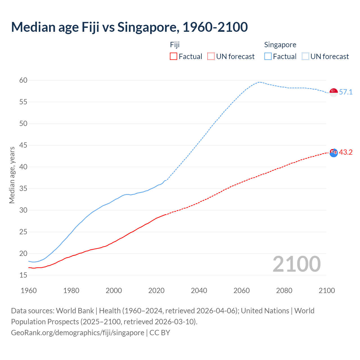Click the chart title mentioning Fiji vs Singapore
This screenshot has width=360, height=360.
(129, 27)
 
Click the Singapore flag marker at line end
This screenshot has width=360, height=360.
(334, 92)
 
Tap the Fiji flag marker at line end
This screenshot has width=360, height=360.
(334, 153)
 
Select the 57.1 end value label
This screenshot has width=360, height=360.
(346, 92)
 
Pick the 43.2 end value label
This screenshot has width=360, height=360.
(346, 152)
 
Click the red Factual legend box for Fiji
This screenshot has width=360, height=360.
(174, 57)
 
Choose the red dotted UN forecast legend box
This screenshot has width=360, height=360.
(211, 57)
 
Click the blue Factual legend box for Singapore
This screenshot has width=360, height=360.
(268, 57)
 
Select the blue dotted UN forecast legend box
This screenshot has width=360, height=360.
(305, 57)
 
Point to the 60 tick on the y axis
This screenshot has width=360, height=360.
(23, 80)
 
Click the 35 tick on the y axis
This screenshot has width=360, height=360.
(23, 189)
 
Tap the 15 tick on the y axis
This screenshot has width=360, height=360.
(23, 275)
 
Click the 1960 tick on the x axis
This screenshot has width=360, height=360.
(29, 291)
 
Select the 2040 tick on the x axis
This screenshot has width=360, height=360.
(199, 291)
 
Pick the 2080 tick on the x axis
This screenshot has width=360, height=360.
(284, 291)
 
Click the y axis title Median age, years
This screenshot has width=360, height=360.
(12, 175)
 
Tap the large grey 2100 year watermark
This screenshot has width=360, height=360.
(297, 264)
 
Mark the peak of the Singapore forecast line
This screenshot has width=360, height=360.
(259, 82)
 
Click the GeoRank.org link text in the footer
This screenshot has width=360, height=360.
(78, 333)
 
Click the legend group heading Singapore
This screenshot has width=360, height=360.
(280, 45)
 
